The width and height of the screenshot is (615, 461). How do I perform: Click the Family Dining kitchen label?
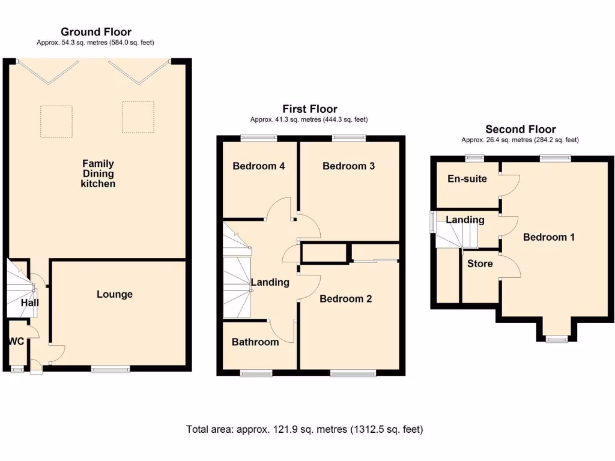98,173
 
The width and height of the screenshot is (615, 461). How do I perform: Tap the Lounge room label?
115,294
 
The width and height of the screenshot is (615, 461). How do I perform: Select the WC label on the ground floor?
16,342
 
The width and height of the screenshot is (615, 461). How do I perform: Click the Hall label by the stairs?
30,303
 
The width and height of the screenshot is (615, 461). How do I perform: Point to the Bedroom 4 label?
259,166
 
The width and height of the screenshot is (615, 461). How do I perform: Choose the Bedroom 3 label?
349,166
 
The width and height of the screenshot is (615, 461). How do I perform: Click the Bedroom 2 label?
345,299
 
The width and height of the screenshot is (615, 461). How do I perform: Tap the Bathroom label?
255,342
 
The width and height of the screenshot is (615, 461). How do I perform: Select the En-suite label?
467,179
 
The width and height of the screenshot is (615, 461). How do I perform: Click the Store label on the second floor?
480,264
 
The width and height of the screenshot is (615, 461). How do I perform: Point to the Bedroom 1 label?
549,237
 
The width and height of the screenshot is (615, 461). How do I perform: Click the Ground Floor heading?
96,32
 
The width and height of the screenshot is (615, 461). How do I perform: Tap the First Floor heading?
310,109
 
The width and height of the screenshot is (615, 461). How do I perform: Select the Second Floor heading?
521,130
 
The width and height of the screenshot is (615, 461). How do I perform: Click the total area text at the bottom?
304,430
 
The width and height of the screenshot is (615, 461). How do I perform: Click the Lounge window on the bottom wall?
111,369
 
